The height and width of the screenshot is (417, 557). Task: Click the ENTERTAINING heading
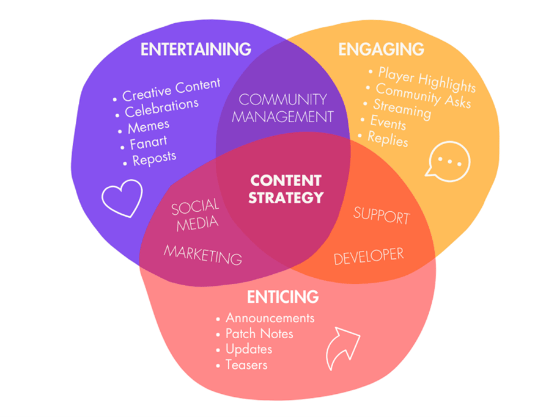click(196, 49)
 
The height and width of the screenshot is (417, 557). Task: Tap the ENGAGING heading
click(381, 49)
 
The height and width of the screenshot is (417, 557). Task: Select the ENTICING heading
click(282, 297)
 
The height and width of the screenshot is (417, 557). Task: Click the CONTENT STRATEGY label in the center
click(286, 189)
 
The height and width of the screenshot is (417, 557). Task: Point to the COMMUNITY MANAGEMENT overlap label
click(282, 108)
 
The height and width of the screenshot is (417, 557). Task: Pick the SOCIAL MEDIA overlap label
click(196, 215)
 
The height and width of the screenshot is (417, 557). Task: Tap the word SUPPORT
click(382, 216)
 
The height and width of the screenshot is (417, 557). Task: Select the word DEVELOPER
click(369, 256)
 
